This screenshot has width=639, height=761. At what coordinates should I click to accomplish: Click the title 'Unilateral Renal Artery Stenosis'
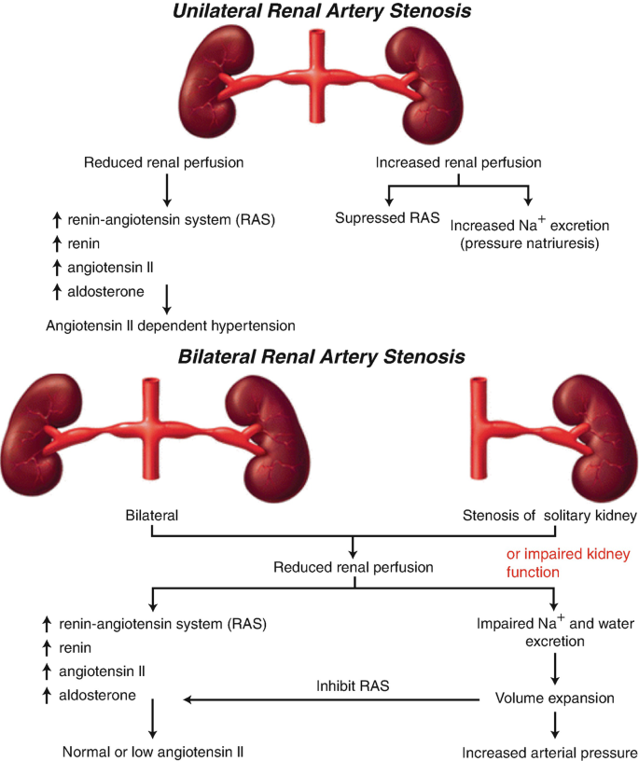pos(318,12)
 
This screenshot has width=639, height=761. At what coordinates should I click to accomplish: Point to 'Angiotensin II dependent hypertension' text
pos(171,325)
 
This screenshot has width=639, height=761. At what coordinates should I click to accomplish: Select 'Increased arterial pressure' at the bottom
pos(551,752)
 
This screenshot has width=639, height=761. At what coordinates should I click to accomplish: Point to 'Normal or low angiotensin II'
pos(153,752)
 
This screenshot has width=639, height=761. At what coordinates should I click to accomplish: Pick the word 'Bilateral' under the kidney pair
pos(152,514)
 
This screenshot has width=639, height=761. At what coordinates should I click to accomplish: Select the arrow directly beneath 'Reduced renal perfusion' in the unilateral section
pos(166,189)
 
